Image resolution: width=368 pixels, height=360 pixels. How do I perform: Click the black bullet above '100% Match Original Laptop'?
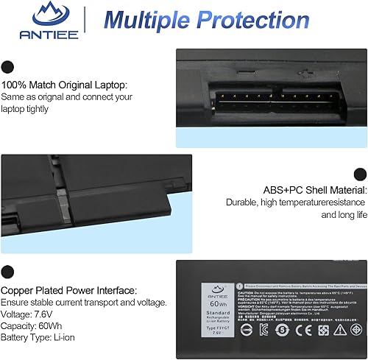click(x=8, y=66)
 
